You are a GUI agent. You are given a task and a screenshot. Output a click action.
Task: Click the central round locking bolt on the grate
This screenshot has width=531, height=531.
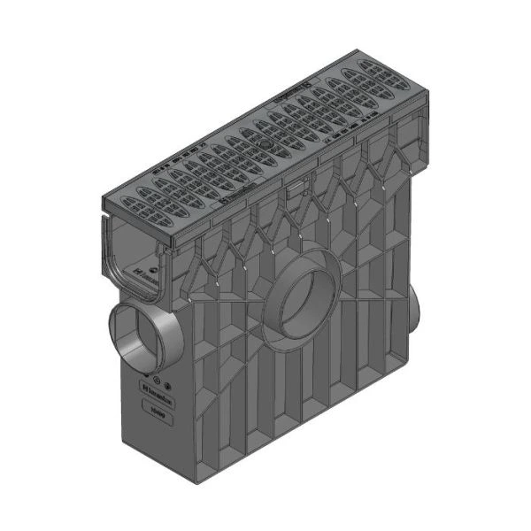266,142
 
